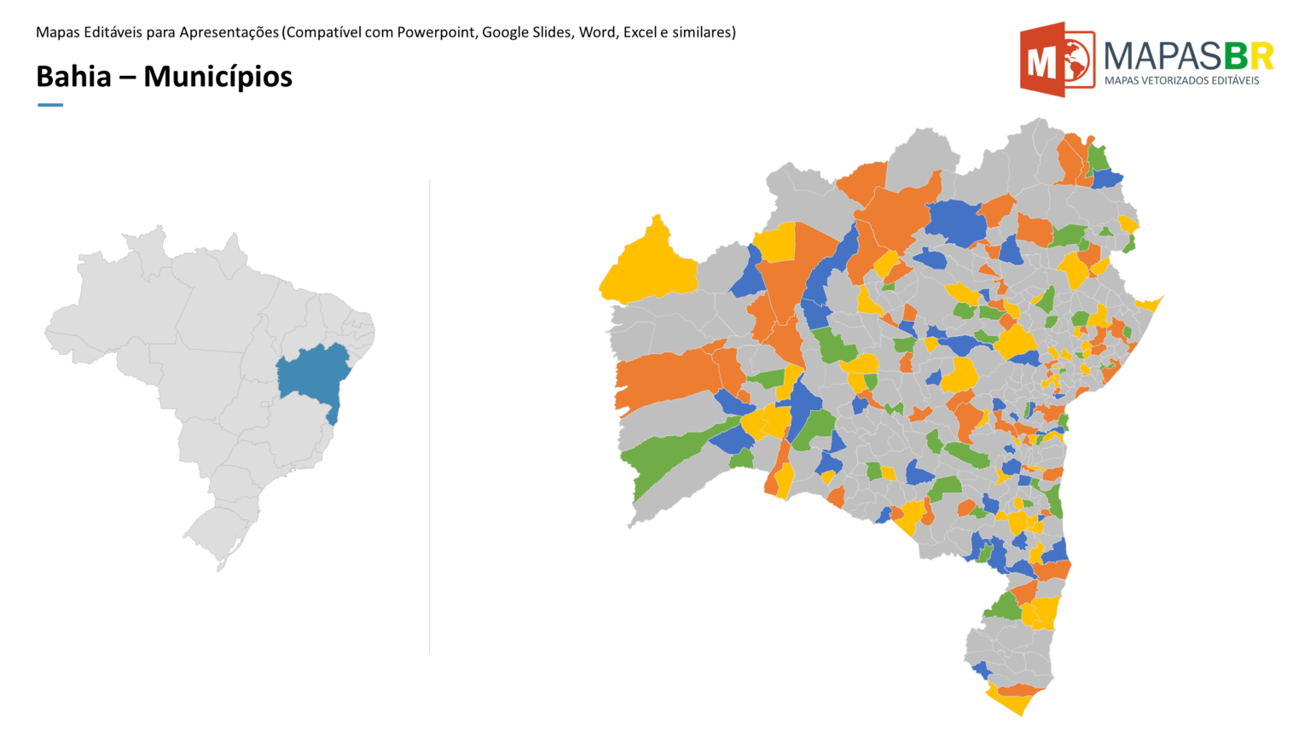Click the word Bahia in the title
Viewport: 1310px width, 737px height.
(x=73, y=77)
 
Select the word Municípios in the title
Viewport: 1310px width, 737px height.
(x=217, y=77)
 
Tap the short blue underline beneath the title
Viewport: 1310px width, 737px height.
(x=50, y=105)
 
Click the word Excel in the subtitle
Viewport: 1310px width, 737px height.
(x=640, y=32)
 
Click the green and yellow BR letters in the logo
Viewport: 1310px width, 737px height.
(x=1249, y=56)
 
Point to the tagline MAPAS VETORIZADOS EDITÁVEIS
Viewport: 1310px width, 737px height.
(x=1181, y=81)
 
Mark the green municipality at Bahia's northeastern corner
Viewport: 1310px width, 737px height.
(x=1098, y=158)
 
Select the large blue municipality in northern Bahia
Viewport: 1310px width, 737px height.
(x=955, y=219)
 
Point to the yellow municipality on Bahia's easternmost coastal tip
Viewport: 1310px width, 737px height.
(x=1149, y=304)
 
